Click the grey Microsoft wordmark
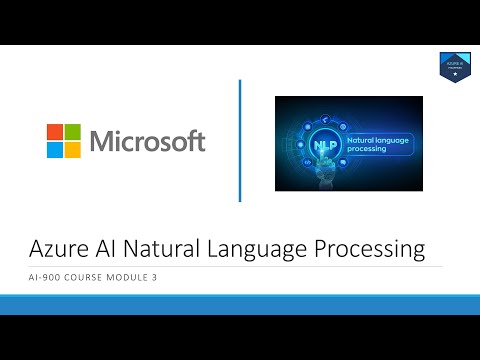[x=148, y=140]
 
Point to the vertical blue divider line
[x=240, y=139]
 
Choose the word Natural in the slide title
[x=183, y=247]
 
